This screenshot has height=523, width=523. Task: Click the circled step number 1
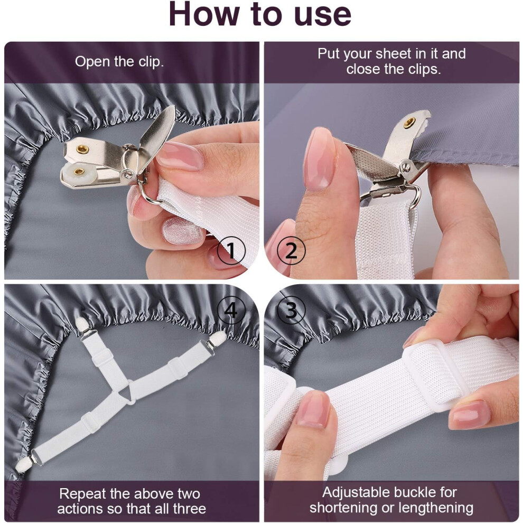coord(231,250)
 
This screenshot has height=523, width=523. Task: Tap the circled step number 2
coord(291,250)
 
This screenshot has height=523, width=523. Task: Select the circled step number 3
coord(291,310)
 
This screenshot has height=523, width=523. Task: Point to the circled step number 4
coord(231,310)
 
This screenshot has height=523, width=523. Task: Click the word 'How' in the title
coord(204,14)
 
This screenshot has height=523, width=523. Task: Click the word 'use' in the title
coord(323,15)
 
